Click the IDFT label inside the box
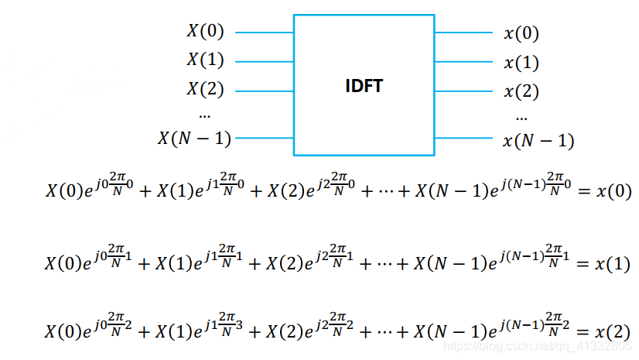(364, 85)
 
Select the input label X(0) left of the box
(205, 32)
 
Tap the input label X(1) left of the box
(205, 60)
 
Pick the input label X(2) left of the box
(205, 89)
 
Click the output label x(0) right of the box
(521, 33)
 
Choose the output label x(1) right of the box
(521, 63)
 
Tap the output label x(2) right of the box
(521, 91)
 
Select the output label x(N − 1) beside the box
(538, 141)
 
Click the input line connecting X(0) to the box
(263, 33)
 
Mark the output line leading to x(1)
(464, 62)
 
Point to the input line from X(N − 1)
(263, 139)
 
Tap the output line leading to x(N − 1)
(464, 139)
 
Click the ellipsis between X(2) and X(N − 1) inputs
(205, 115)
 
